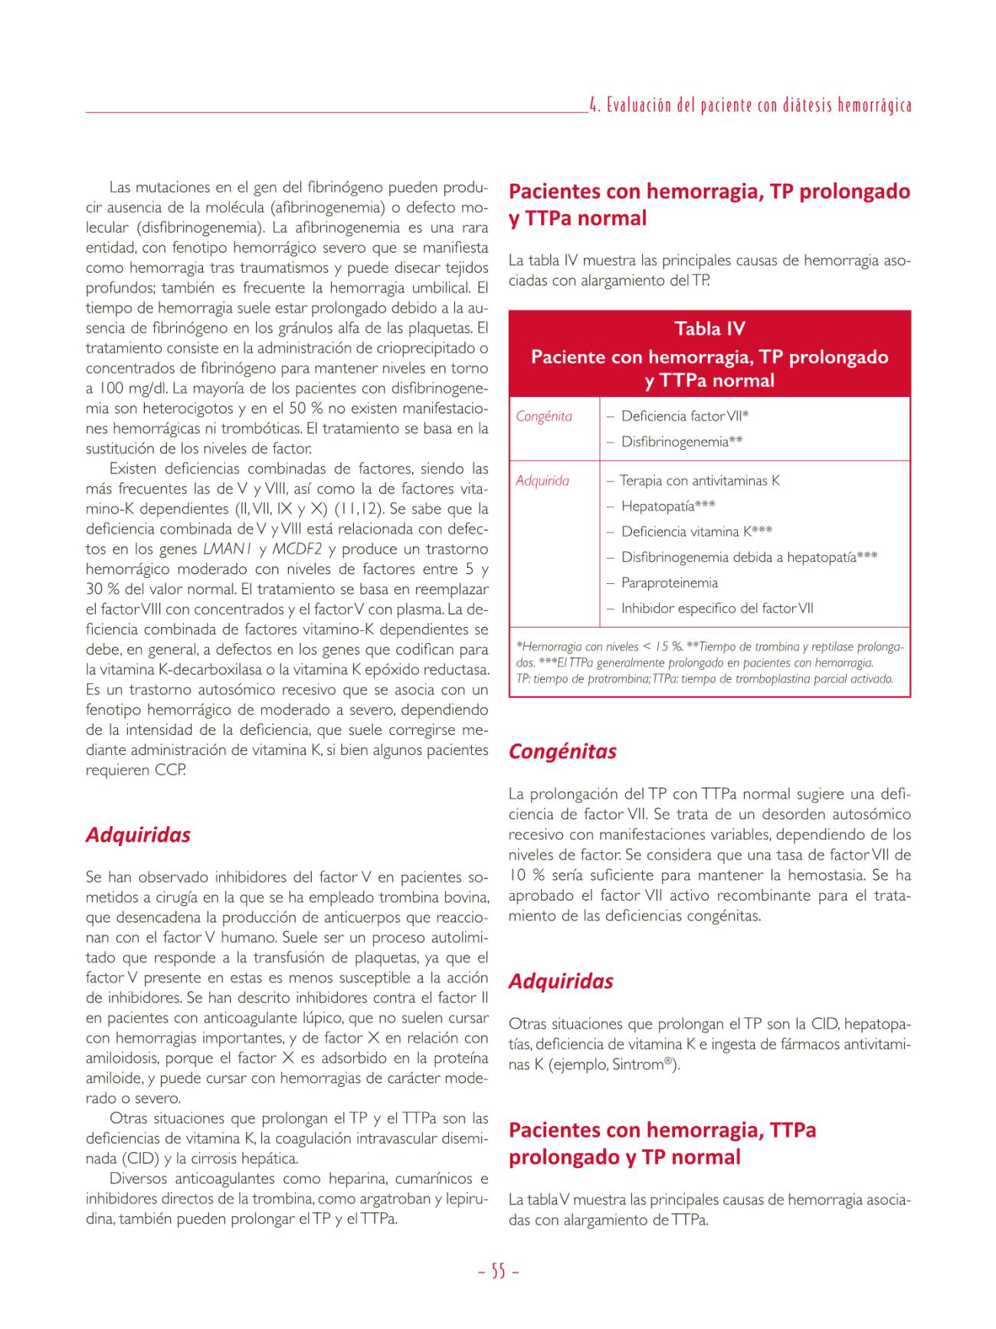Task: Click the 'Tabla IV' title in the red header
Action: (x=709, y=330)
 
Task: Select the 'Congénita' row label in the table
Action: (x=544, y=416)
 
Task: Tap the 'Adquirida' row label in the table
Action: (x=542, y=481)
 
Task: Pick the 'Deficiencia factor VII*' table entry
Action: (x=685, y=416)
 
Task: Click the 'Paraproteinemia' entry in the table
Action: (x=669, y=582)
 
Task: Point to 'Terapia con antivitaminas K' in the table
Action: (x=699, y=481)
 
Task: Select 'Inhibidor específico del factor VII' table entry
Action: (x=717, y=609)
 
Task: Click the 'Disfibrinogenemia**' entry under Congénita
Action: (x=682, y=441)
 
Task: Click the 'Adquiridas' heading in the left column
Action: (x=138, y=835)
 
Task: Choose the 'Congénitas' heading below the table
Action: (x=562, y=751)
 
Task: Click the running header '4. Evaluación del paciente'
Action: (x=751, y=106)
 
